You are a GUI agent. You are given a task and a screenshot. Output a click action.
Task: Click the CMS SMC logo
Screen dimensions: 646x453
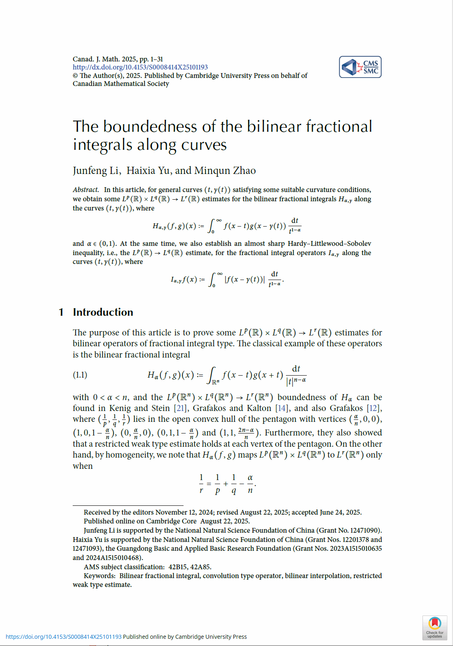click(360, 67)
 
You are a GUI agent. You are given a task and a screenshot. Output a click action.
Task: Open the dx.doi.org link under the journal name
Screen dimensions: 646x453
click(140, 67)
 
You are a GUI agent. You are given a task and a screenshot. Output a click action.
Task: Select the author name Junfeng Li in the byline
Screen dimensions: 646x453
click(96, 171)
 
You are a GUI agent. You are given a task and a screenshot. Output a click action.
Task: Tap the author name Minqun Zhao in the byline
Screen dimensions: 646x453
click(225, 171)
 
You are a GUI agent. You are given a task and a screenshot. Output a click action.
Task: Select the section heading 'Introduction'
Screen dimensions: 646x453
click(103, 312)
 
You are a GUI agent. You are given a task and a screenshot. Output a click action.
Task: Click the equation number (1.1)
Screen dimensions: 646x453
click(80, 375)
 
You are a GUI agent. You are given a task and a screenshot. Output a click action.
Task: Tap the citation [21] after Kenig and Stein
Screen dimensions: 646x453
click(181, 408)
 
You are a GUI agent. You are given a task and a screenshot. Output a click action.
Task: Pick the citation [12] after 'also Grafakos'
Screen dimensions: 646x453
click(373, 408)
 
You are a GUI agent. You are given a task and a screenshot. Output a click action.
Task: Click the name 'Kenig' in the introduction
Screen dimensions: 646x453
click(120, 408)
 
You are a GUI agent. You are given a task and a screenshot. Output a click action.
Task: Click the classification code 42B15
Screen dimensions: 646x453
click(178, 567)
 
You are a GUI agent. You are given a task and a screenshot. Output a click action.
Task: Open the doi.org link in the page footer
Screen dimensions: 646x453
click(63, 637)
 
